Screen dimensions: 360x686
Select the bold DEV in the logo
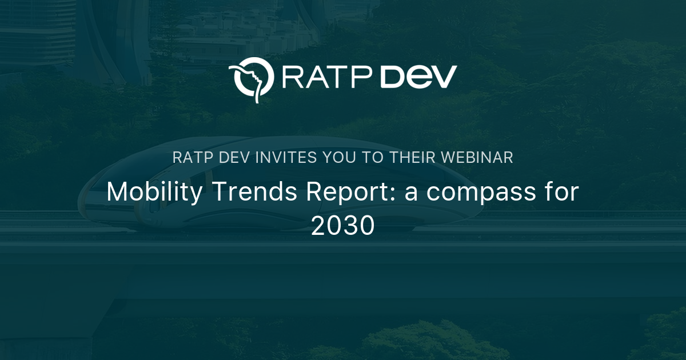(419, 77)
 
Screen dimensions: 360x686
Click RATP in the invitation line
(191, 158)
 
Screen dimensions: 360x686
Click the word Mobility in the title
(154, 193)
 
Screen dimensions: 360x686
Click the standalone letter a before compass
(412, 194)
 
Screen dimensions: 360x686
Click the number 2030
(343, 226)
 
